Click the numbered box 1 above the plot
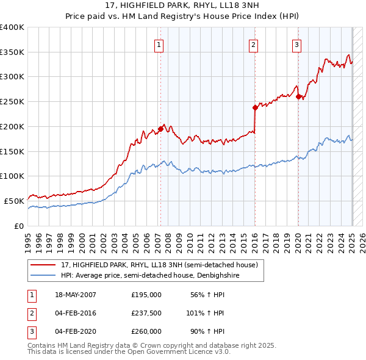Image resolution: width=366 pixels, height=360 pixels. (159, 44)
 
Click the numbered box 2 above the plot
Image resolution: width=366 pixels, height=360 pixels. (253, 44)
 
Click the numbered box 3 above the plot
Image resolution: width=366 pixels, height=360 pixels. (296, 44)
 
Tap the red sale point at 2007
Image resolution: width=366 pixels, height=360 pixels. (160, 129)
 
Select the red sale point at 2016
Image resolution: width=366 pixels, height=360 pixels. (255, 107)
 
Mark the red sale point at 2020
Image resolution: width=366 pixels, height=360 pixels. (298, 96)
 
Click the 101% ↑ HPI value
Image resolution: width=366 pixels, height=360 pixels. (205, 313)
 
